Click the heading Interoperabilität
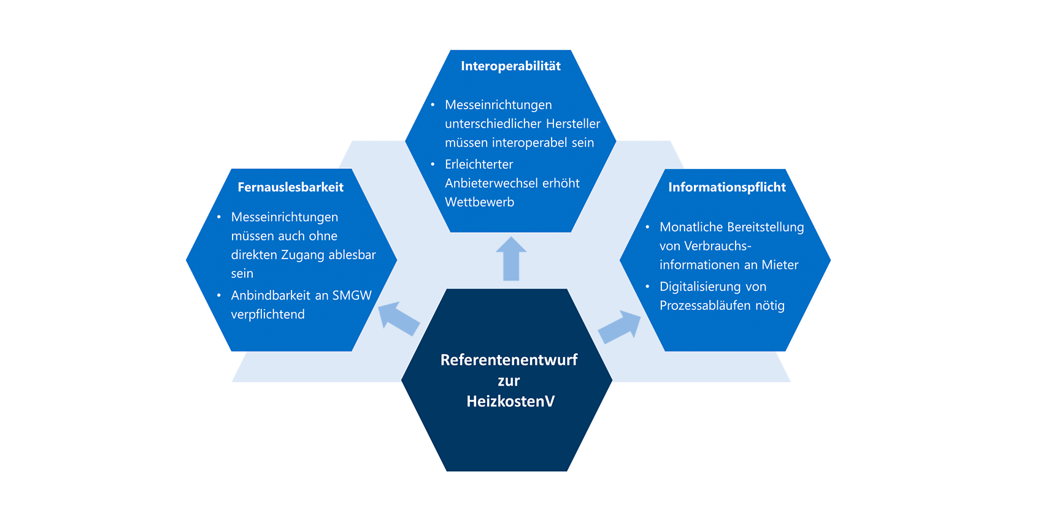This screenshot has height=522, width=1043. pyautogui.click(x=510, y=66)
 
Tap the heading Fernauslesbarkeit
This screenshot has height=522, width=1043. pyautogui.click(x=291, y=187)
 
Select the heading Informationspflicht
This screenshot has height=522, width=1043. pyautogui.click(x=727, y=187)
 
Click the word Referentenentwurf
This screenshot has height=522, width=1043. pyautogui.click(x=509, y=360)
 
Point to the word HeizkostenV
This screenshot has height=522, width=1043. pyautogui.click(x=510, y=401)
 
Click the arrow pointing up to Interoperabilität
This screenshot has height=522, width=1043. pyautogui.click(x=511, y=259)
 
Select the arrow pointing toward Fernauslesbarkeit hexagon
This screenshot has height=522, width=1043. pyautogui.click(x=399, y=318)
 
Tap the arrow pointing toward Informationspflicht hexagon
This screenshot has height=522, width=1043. pyautogui.click(x=620, y=327)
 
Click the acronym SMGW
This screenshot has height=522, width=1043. pyautogui.click(x=352, y=295)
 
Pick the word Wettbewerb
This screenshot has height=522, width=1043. pyautogui.click(x=479, y=202)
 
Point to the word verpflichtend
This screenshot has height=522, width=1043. pyautogui.click(x=267, y=314)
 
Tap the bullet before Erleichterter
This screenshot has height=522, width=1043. pyautogui.click(x=433, y=164)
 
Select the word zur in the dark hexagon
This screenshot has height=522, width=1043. pyautogui.click(x=509, y=381)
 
